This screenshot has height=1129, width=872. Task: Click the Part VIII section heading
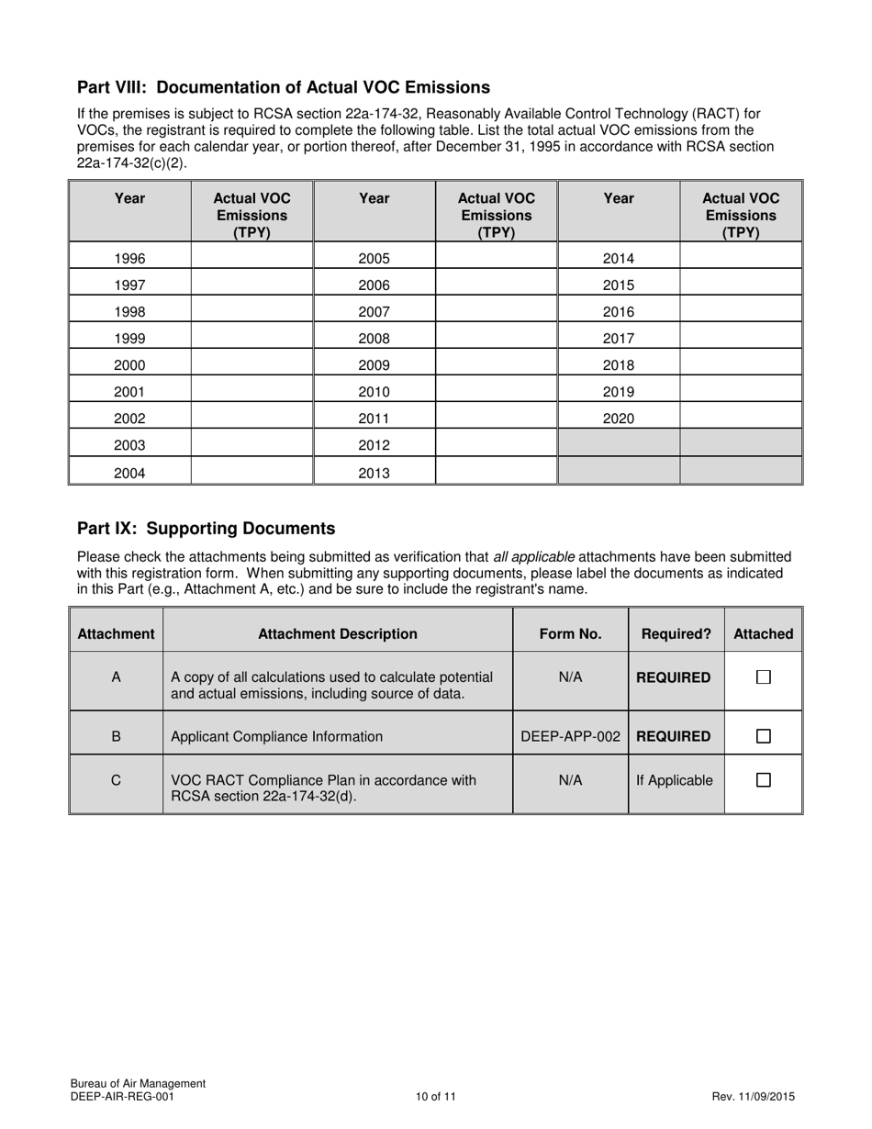click(283, 87)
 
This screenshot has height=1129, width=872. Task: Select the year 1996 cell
click(129, 259)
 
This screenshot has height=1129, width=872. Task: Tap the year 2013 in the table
click(374, 474)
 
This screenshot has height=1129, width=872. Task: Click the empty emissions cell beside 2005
click(496, 259)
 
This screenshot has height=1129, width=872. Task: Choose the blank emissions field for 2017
click(740, 339)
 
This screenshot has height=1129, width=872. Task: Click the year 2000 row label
click(129, 365)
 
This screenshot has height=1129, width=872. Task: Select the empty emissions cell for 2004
click(252, 474)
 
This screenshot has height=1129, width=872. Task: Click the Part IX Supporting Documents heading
click(206, 529)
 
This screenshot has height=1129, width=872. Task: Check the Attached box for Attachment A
click(763, 677)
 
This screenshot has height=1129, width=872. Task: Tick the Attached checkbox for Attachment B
click(763, 736)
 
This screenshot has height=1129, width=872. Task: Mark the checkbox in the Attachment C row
click(763, 780)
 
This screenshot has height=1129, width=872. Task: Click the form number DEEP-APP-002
click(570, 736)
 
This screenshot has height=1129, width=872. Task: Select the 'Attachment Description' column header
click(337, 633)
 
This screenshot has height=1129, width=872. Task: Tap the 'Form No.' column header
click(570, 633)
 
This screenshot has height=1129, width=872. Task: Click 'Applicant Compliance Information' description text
click(277, 736)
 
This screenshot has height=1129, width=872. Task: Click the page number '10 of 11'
click(435, 1096)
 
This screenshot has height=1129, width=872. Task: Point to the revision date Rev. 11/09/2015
click(753, 1096)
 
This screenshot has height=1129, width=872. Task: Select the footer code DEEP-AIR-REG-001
click(122, 1096)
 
